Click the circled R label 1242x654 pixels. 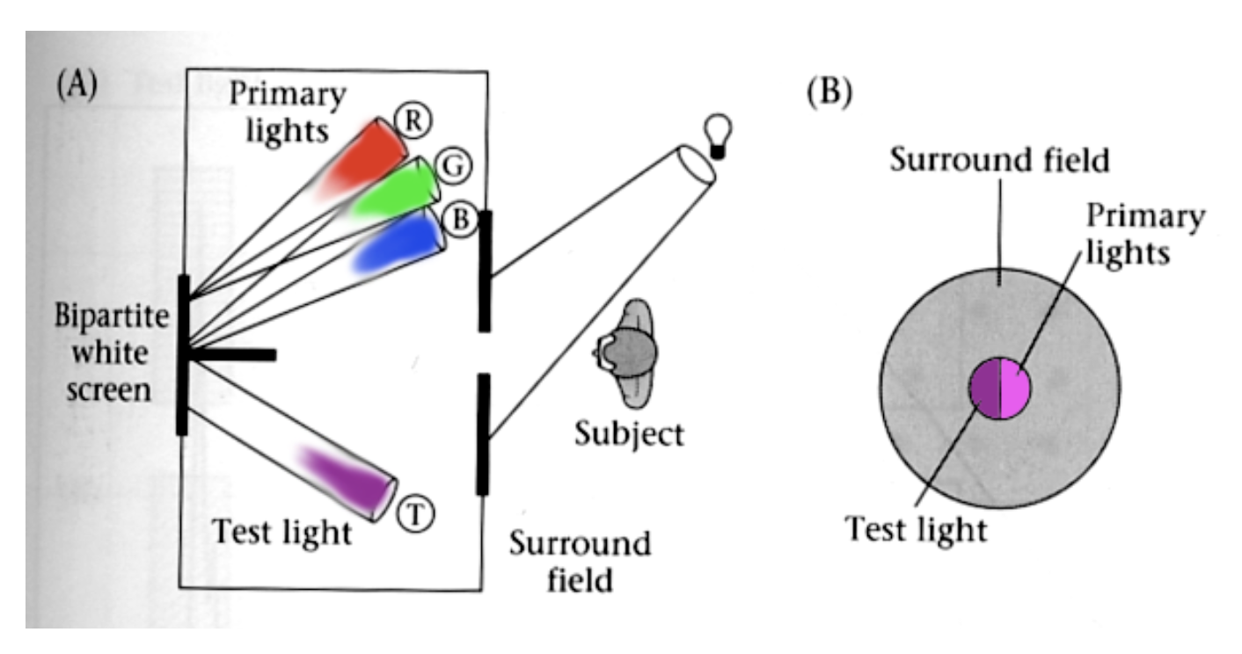point(408,121)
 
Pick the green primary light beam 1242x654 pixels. point(396,193)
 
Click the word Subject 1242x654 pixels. point(629,432)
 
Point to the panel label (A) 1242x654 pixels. point(77,85)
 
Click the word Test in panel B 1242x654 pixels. point(880,529)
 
